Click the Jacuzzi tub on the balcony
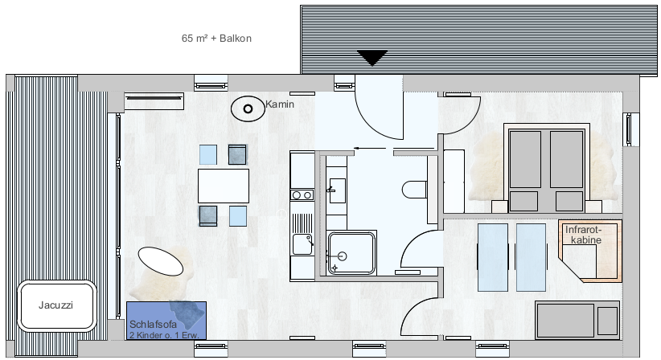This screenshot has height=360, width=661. point(56,305)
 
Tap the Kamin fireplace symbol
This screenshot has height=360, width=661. point(248,109)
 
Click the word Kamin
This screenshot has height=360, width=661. point(280,104)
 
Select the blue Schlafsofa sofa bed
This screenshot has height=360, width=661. point(166,321)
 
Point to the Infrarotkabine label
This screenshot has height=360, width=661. point(584,235)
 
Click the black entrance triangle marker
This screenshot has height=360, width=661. point(372,58)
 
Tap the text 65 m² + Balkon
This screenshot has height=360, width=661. point(216,39)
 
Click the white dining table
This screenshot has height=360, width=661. point(224,186)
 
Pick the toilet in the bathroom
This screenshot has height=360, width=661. point(414,190)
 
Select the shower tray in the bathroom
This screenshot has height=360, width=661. point(351,252)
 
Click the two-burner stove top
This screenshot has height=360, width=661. point(302,195)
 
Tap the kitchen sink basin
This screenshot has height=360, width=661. point(302,244)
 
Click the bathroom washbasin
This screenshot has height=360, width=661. point(337,190)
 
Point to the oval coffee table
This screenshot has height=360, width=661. point(161,261)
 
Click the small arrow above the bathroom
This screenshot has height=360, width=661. point(369,148)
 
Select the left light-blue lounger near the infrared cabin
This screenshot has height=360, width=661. point(492,257)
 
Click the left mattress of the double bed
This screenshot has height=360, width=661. point(525,160)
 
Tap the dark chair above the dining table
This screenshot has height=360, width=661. point(238,154)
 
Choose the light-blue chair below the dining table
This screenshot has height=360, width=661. point(238,216)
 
